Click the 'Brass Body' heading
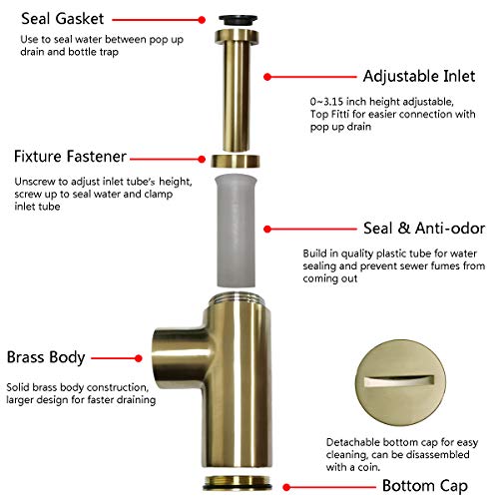[x=46, y=356]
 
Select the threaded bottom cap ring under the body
[x=239, y=485]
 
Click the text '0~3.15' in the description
[x=329, y=101]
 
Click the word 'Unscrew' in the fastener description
[x=34, y=181]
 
